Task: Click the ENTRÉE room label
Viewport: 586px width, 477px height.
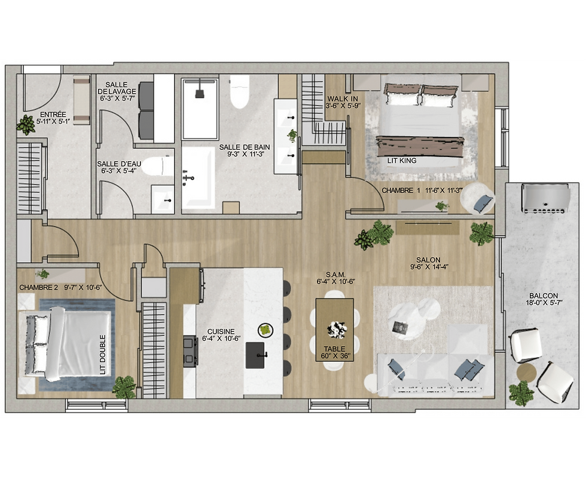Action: pyautogui.click(x=53, y=115)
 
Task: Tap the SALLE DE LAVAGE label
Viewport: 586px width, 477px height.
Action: pyautogui.click(x=117, y=88)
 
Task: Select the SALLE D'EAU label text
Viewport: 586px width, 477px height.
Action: pyautogui.click(x=119, y=164)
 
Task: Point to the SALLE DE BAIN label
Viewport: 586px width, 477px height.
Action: pyautogui.click(x=245, y=147)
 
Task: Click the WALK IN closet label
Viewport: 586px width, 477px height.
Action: pyautogui.click(x=343, y=99)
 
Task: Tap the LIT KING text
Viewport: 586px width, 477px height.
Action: pyautogui.click(x=402, y=161)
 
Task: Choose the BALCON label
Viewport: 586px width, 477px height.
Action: pyautogui.click(x=544, y=296)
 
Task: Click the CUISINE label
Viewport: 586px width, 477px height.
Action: pyautogui.click(x=221, y=331)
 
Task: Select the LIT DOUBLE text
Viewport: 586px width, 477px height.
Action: pyautogui.click(x=103, y=355)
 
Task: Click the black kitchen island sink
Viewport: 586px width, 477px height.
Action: pyautogui.click(x=255, y=355)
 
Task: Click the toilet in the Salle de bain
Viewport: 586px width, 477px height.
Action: pyautogui.click(x=239, y=91)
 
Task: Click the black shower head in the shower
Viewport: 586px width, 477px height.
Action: pyautogui.click(x=200, y=91)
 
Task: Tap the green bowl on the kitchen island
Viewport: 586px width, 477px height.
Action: pyautogui.click(x=265, y=330)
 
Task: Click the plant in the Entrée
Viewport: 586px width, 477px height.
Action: pyautogui.click(x=26, y=125)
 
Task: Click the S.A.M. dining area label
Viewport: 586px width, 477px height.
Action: pyautogui.click(x=335, y=275)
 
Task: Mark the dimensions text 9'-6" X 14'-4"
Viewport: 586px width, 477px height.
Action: pyautogui.click(x=429, y=267)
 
